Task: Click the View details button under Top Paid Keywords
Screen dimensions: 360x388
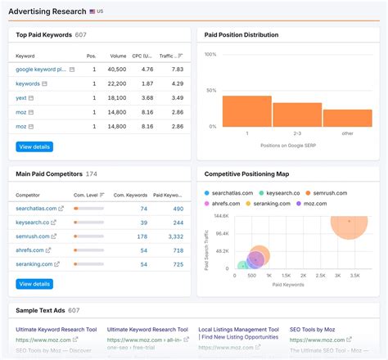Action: pos(34,146)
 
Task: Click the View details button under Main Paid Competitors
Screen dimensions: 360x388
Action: pos(34,284)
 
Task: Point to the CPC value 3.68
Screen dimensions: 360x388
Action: pos(147,98)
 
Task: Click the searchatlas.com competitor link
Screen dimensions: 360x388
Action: pos(36,209)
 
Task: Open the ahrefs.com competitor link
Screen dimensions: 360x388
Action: pos(32,250)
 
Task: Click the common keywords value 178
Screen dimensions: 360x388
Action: pos(142,236)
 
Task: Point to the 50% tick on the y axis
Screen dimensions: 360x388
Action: pos(210,90)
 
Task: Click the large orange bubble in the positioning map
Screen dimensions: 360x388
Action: pos(349,222)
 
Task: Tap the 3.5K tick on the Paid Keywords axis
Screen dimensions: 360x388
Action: pos(355,277)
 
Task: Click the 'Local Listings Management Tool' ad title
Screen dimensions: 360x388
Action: pos(238,329)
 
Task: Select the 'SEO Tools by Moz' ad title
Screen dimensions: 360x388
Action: pos(312,329)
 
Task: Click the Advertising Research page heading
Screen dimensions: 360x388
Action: pos(48,11)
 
